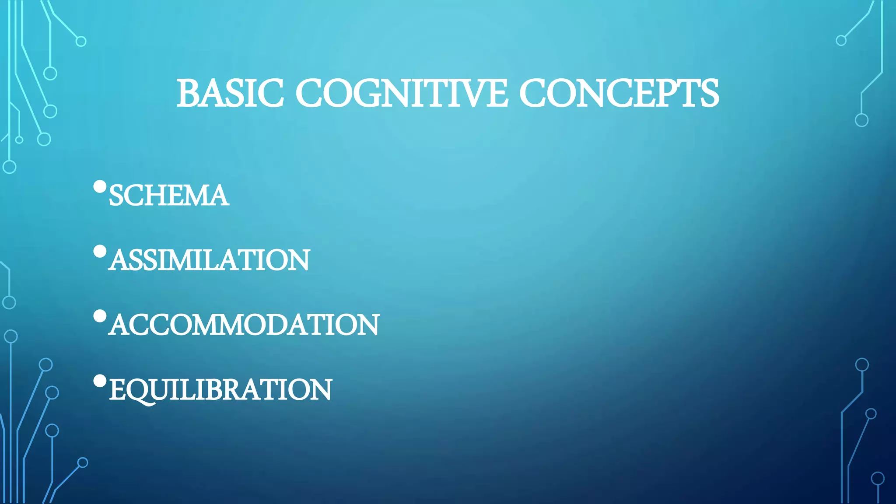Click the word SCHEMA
(169, 195)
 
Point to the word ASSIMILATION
(209, 260)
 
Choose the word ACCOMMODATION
(244, 325)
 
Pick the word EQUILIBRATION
(220, 390)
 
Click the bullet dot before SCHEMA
(100, 187)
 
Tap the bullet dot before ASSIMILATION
(100, 252)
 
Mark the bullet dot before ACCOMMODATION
(100, 316)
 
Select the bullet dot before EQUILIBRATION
(100, 381)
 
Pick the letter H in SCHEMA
(164, 195)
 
